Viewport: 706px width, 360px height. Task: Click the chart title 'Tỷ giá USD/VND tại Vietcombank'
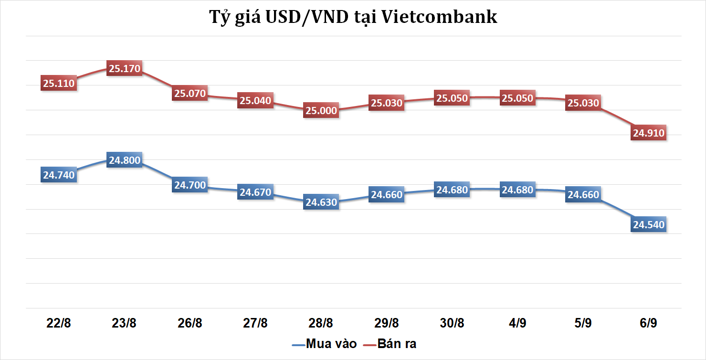[x=353, y=17]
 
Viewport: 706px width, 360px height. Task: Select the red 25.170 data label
[x=125, y=69]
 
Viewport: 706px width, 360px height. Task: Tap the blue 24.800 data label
[x=125, y=160]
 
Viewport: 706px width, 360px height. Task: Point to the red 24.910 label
[x=648, y=133]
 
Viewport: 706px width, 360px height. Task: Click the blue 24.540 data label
[x=648, y=224]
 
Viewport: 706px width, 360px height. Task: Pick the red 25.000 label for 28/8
[x=321, y=111]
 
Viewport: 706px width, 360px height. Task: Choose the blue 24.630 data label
[x=321, y=202]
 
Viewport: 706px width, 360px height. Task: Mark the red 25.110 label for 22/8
[x=59, y=84]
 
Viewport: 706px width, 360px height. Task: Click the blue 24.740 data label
[x=59, y=175]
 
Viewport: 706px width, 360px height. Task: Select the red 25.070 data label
[x=190, y=94]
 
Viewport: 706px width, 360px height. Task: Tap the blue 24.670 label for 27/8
[x=255, y=192]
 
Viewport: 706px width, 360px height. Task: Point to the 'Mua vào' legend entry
[x=325, y=344]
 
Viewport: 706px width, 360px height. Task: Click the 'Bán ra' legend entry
[x=390, y=344]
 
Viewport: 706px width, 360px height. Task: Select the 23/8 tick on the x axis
[x=125, y=323]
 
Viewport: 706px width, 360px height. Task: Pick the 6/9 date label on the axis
[x=648, y=323]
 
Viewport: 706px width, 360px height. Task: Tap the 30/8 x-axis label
[x=452, y=323]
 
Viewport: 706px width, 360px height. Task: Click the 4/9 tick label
[x=517, y=323]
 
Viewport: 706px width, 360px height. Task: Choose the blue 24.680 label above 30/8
[x=452, y=190]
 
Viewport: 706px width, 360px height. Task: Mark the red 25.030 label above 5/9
[x=583, y=103]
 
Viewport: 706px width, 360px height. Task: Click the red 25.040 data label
[x=255, y=101]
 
